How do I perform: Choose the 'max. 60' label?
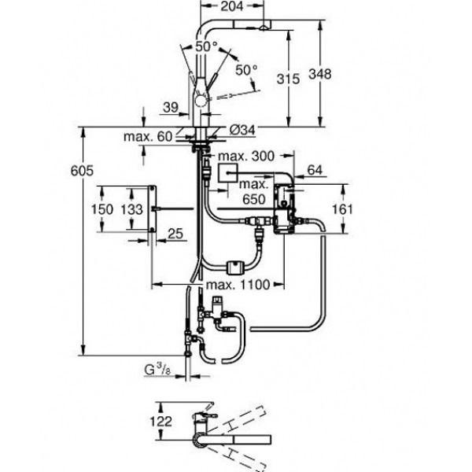click(x=147, y=137)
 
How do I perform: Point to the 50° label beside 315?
click(x=247, y=70)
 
